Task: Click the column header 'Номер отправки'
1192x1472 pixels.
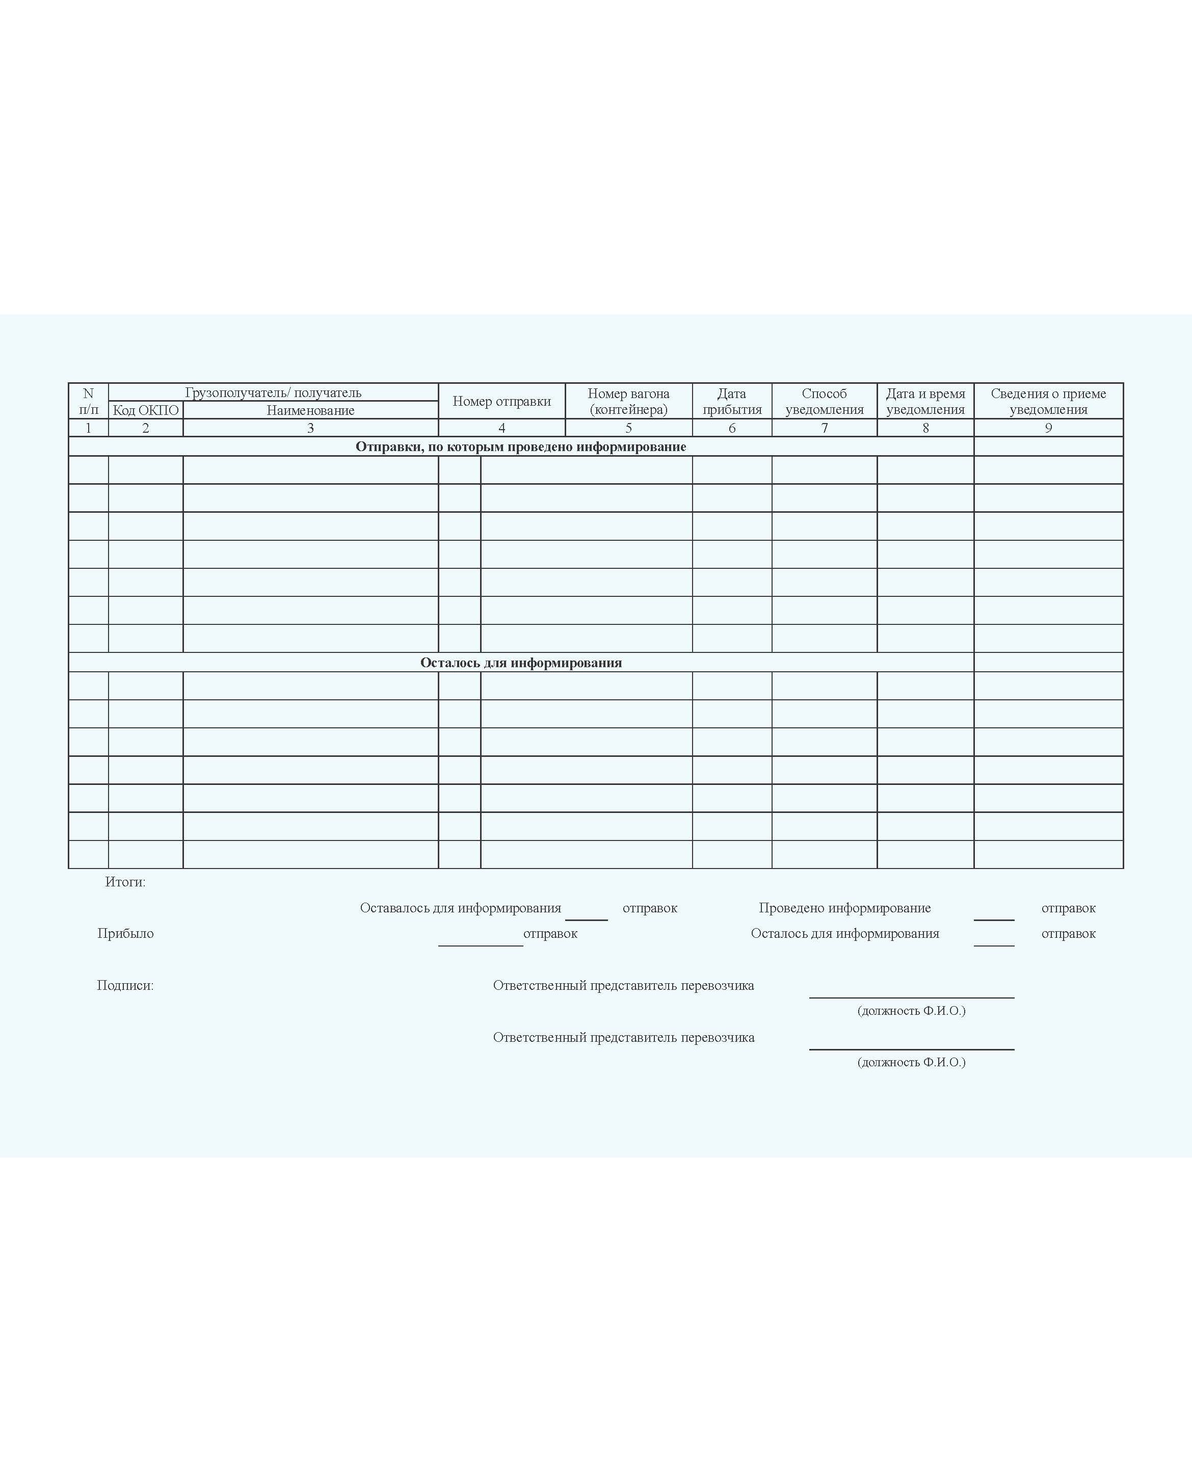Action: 501,401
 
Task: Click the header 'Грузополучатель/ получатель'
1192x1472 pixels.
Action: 273,392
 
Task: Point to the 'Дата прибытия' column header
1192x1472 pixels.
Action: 732,401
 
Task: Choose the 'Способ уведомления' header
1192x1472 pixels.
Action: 824,401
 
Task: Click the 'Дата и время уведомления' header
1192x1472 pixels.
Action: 925,401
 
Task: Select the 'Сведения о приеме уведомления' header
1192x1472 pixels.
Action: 1048,401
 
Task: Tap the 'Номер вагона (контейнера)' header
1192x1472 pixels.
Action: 628,401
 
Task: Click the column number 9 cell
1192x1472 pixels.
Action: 1048,428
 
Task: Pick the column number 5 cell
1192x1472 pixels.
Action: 628,428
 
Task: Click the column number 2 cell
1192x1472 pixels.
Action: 146,428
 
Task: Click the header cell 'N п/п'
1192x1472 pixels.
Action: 88,401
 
